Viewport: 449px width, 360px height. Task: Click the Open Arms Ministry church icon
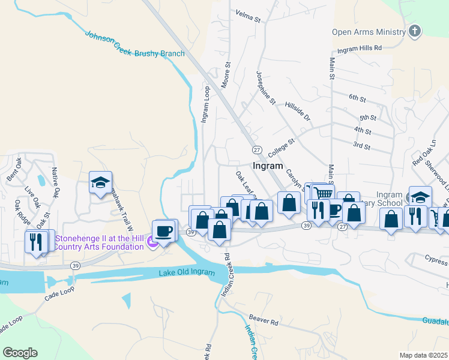pyautogui.click(x=414, y=32)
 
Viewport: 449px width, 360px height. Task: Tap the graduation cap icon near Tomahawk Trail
pyautogui.click(x=101, y=182)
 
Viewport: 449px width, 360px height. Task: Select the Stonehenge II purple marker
pyautogui.click(x=152, y=242)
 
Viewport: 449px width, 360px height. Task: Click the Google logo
pyautogui.click(x=20, y=353)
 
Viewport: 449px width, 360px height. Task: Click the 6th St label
pyautogui.click(x=357, y=97)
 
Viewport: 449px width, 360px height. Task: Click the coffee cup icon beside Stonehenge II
pyautogui.click(x=164, y=230)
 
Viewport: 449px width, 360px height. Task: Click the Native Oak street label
pyautogui.click(x=55, y=184)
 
